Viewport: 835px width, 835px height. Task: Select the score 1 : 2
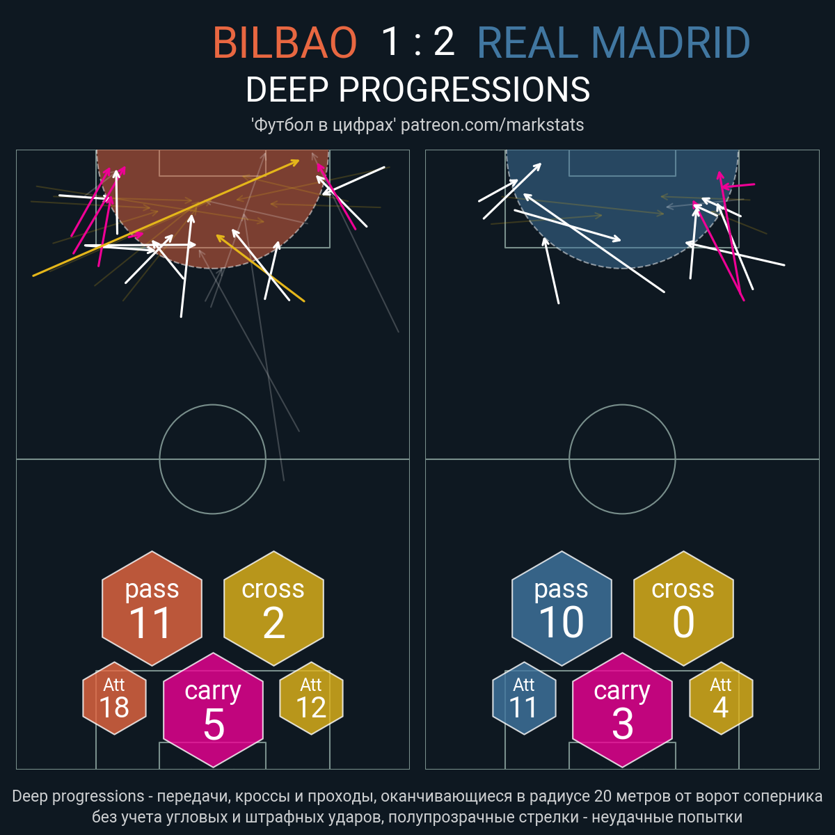[417, 42]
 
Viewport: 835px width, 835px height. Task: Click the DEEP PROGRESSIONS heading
[417, 90]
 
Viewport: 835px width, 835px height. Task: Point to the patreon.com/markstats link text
[492, 125]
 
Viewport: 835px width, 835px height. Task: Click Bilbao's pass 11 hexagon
[152, 608]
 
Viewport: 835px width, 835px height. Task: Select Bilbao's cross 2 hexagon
[273, 608]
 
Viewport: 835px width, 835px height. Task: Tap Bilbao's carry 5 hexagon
[213, 710]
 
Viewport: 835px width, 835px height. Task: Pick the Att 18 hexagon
[114, 698]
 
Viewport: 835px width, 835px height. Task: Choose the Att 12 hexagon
[311, 698]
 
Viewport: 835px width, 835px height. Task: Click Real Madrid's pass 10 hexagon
[562, 608]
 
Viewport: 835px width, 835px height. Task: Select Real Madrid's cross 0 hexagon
[683, 608]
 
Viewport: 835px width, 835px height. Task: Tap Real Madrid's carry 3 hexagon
[622, 710]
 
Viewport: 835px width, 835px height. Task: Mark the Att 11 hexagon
[524, 698]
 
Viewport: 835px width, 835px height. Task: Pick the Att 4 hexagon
[721, 698]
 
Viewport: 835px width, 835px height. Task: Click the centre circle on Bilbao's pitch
[213, 405]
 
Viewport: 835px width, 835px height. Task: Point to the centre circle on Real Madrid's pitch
[622, 405]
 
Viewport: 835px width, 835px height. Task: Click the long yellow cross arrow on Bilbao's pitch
[166, 218]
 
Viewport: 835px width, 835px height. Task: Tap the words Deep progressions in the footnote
[78, 797]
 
